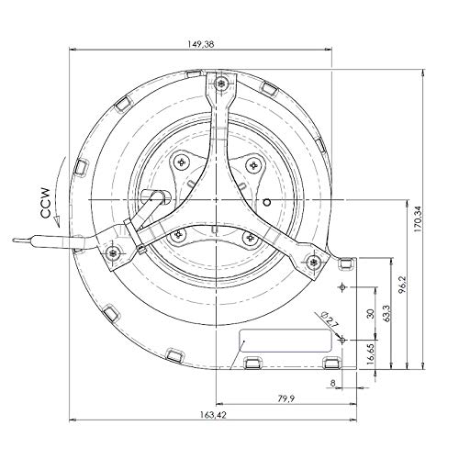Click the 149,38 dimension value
pos(201,44)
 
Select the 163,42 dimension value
pos(213,415)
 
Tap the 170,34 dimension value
pos(418,218)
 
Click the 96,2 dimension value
pos(402,285)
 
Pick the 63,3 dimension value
pos(386,313)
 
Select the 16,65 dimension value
pos(371,353)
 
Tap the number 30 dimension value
pos(371,314)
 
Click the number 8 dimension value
pos(333,383)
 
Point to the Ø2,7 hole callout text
pos(329,319)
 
